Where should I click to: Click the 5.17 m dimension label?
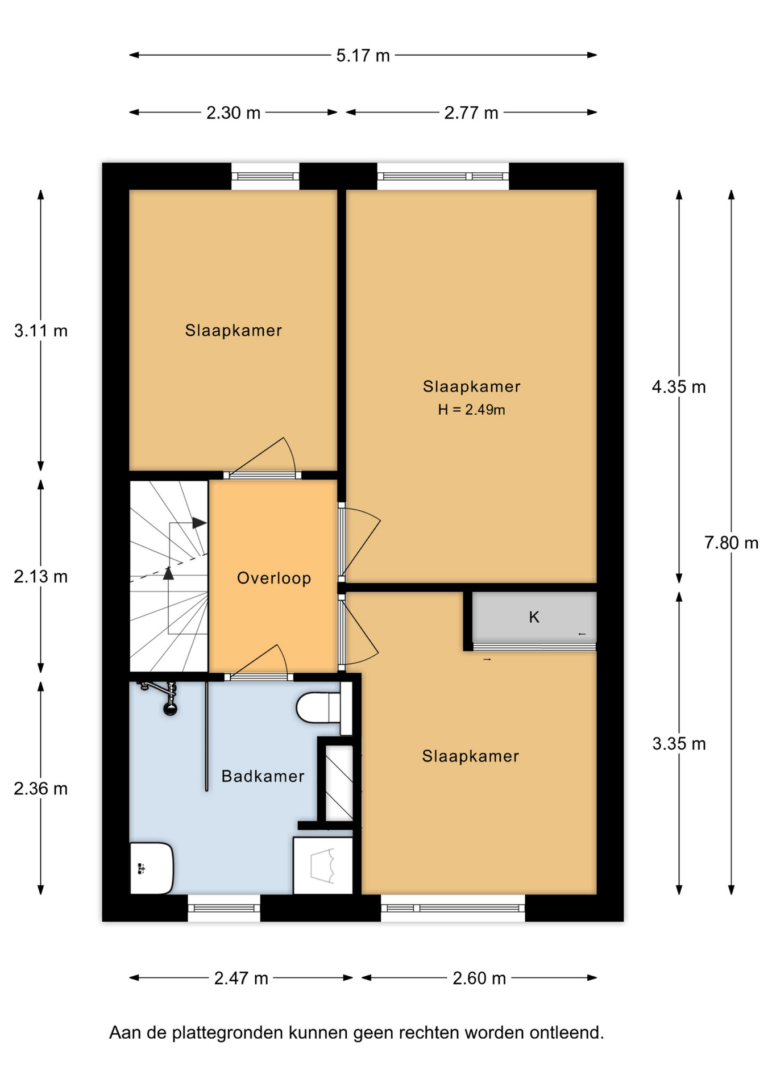tap(363, 56)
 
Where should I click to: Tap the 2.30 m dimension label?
tap(233, 113)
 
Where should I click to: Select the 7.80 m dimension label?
tap(731, 543)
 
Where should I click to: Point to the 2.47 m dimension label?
tap(241, 978)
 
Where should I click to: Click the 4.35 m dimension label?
tap(679, 388)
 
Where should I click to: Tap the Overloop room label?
tap(274, 578)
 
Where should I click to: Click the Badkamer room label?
tap(263, 776)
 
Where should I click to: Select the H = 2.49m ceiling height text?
tap(471, 410)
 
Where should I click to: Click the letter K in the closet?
tap(534, 617)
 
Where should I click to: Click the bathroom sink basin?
tap(151, 868)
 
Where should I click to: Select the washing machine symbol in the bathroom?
tap(322, 865)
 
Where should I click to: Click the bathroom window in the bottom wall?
tap(224, 908)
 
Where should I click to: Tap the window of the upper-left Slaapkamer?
tap(265, 176)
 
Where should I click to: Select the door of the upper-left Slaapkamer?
tap(262, 457)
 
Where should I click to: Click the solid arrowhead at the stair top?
tap(199, 523)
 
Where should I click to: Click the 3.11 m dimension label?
tap(41, 331)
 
